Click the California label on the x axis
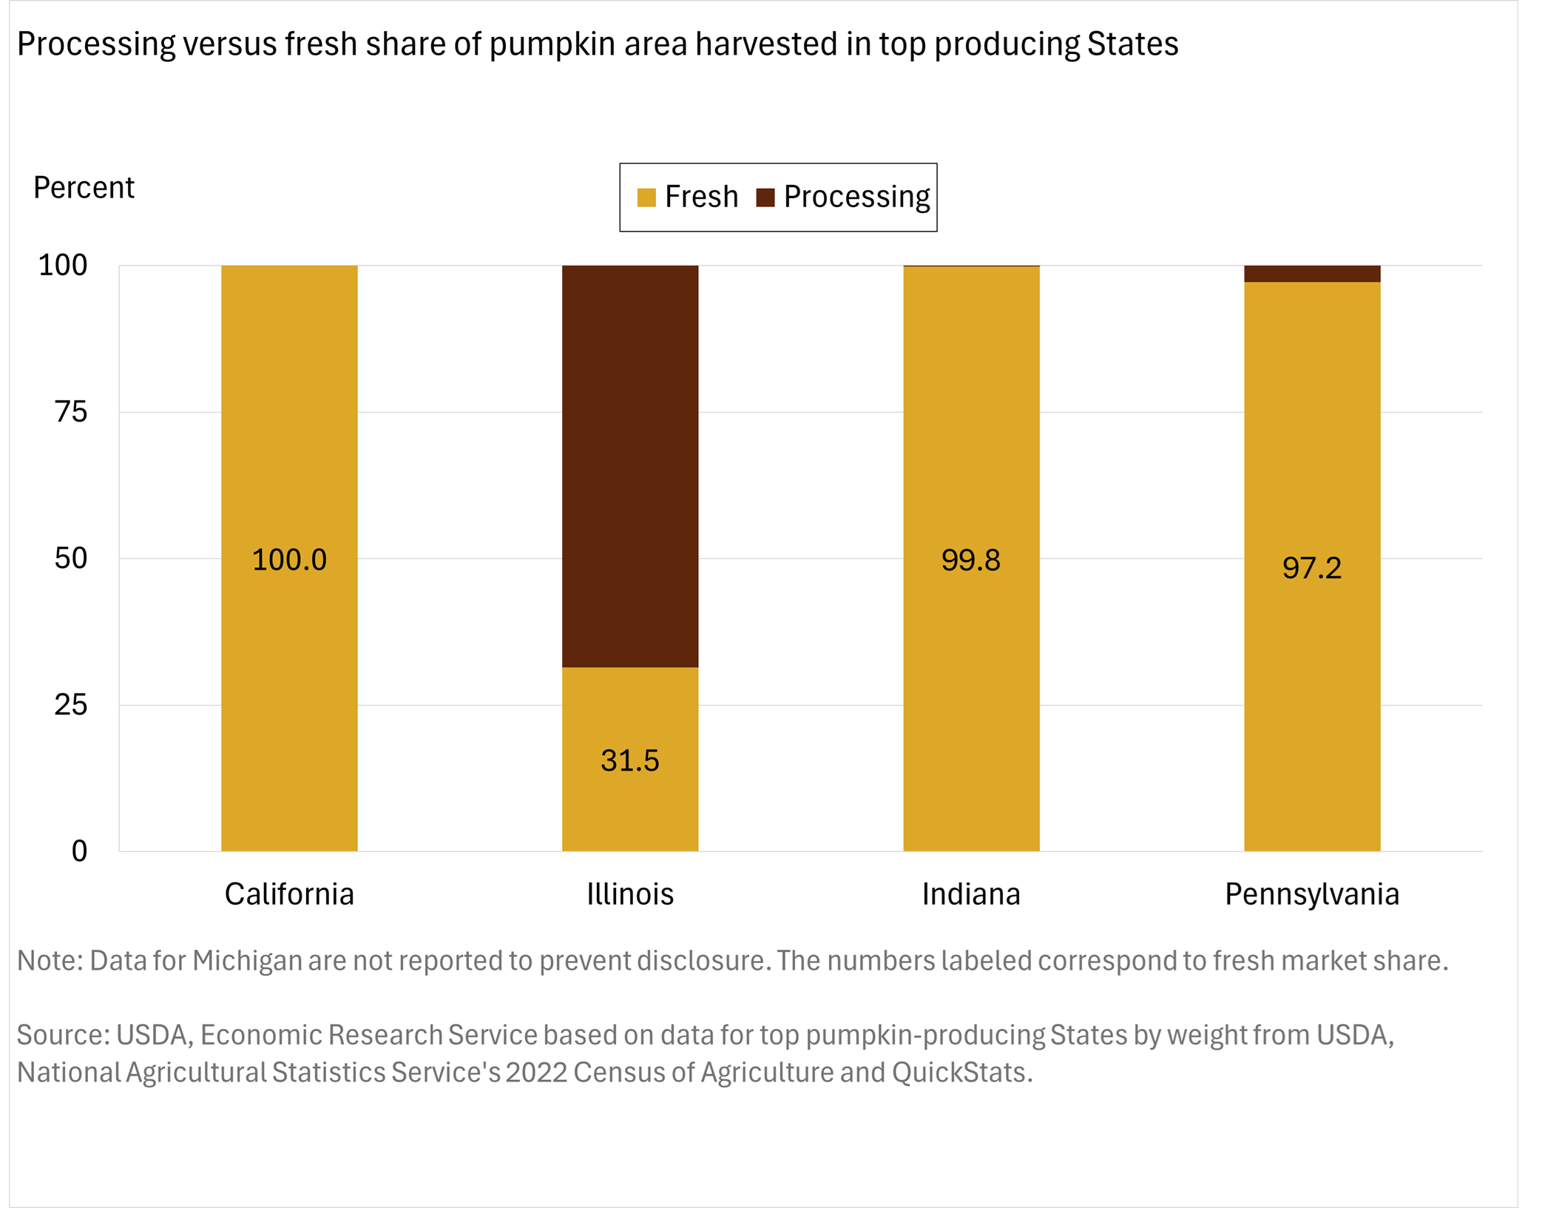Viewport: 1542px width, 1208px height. pos(289,894)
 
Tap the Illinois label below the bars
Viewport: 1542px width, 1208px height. pos(630,894)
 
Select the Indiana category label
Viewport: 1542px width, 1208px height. pos(971,894)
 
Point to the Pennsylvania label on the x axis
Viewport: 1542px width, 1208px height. pos(1312,894)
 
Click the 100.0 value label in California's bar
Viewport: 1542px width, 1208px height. pos(289,560)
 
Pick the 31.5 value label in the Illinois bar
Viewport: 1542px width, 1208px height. pos(630,760)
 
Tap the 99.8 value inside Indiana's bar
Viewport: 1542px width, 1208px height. pos(971,560)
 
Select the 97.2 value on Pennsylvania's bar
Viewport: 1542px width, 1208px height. pos(1312,568)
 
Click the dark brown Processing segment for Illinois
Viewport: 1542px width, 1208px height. pos(630,466)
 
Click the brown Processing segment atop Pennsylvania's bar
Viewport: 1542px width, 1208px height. pos(1312,274)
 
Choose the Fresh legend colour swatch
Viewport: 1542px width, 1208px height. pos(646,198)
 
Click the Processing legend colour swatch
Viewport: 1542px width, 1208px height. pos(765,198)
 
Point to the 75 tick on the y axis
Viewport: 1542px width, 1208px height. pos(71,412)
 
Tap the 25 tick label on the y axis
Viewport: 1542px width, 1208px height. pos(71,705)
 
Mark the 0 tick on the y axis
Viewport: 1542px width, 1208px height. pos(79,851)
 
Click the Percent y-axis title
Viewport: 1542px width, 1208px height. pos(84,188)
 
